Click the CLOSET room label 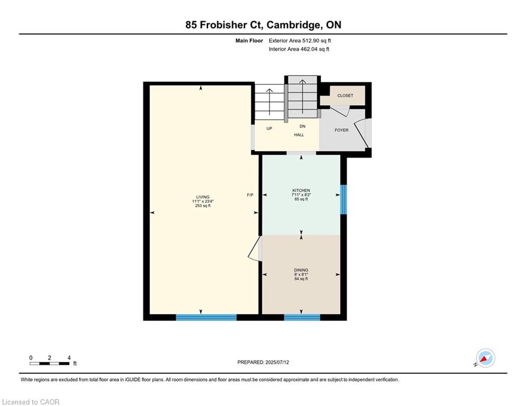(x=345, y=96)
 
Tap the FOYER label (x=342, y=130)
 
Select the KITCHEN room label (x=301, y=190)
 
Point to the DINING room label (x=301, y=270)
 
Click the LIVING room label (x=203, y=197)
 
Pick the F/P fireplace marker (x=250, y=195)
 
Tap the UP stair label (x=269, y=128)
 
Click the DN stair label (x=302, y=126)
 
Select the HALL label (x=299, y=135)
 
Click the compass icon (x=485, y=358)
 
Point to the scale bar (x=50, y=363)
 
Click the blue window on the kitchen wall (x=343, y=199)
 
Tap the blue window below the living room (x=206, y=317)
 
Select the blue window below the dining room (x=302, y=317)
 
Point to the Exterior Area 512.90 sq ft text (x=300, y=41)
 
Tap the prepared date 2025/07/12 (x=277, y=362)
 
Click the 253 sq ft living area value (x=203, y=206)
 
